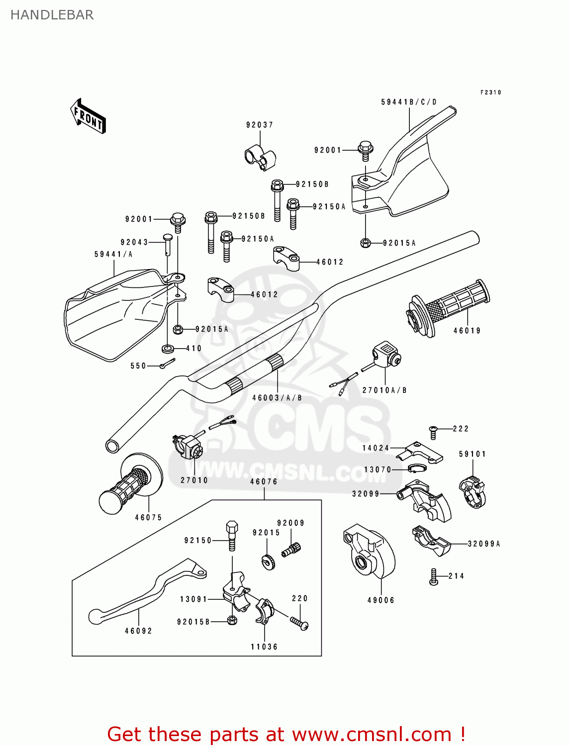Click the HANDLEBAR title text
(52, 15)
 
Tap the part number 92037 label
(260, 125)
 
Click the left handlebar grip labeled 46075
(127, 487)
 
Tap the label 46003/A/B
(277, 398)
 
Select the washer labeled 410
(168, 347)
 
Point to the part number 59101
(472, 454)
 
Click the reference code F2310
(490, 93)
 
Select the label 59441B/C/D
(409, 102)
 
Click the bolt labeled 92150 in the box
(232, 535)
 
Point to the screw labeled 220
(299, 623)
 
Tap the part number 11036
(264, 647)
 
